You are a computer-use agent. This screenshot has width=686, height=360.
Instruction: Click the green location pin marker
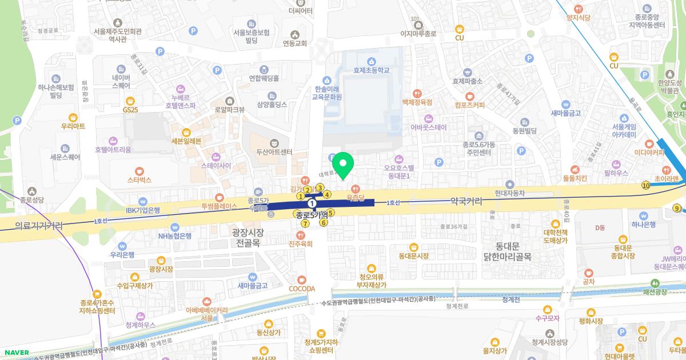tap(343, 165)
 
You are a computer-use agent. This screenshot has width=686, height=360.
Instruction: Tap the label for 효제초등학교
tap(371, 70)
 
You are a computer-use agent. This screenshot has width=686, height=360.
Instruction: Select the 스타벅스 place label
tap(139, 179)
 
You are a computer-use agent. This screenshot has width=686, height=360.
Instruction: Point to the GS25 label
tap(130, 109)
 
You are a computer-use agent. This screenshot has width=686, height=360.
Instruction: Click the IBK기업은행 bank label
tap(143, 210)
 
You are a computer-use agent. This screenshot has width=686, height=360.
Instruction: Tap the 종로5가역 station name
tap(312, 215)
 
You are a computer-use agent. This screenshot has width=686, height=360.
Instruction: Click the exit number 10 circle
tap(646, 185)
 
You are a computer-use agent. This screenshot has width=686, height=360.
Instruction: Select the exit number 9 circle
tap(678, 208)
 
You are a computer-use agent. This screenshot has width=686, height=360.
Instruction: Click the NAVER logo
tap(15, 353)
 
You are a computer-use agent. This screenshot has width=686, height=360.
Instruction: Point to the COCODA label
tap(302, 289)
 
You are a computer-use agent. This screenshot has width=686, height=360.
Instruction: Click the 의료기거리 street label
tap(39, 226)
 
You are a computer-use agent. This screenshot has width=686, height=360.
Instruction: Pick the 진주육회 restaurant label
tap(301, 244)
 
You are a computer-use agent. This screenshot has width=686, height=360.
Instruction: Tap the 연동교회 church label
tap(295, 43)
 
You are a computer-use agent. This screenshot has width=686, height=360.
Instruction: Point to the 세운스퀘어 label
tap(65, 157)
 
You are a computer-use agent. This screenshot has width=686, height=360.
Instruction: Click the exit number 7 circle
tap(306, 223)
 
